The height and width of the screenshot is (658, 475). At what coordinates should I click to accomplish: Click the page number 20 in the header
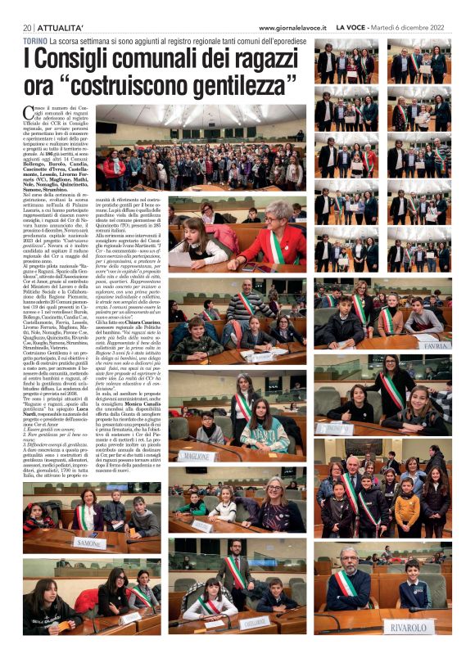26,28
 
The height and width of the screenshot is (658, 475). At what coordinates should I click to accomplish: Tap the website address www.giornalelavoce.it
292,28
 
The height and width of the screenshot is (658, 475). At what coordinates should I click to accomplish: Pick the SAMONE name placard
88,543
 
